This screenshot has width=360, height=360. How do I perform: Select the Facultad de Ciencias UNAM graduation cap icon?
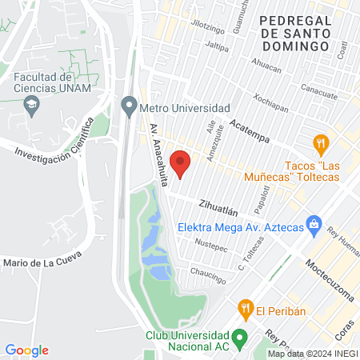click(31, 102)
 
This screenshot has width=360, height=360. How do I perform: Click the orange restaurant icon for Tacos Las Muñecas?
click(322, 145)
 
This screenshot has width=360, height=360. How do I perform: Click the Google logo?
click(26, 350)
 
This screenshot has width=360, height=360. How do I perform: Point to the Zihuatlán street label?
click(220, 208)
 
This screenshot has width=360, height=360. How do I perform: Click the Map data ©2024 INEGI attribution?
click(312, 354)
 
